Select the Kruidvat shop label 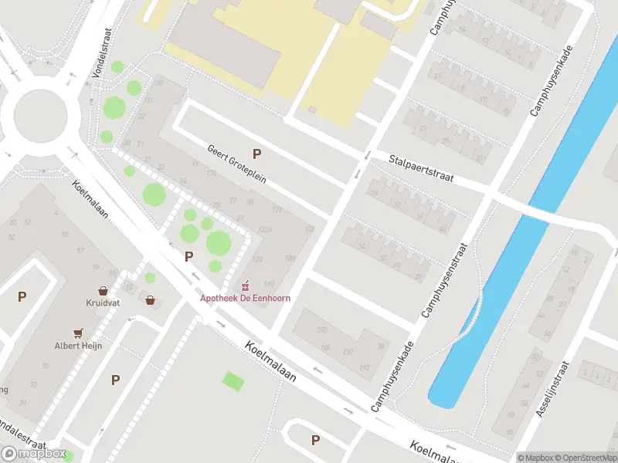pos(101,303)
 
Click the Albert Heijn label pos(78,346)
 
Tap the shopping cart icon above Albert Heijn pos(78,333)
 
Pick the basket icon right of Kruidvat pos(150,300)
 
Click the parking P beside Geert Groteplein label pos(256,154)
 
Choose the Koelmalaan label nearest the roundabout pos(90,199)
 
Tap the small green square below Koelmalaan pos(232,380)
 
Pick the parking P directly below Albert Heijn pos(115,380)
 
